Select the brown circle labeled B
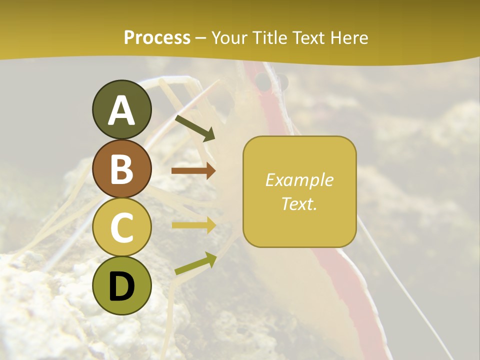coord(121,168)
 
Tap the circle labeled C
coord(121,227)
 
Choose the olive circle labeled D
coord(121,285)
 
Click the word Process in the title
coord(157,38)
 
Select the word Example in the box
coord(299,180)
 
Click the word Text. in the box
coord(299,203)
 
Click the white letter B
coord(121,169)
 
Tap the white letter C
coord(121,228)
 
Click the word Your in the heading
coord(229,38)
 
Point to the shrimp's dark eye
coord(262,81)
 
